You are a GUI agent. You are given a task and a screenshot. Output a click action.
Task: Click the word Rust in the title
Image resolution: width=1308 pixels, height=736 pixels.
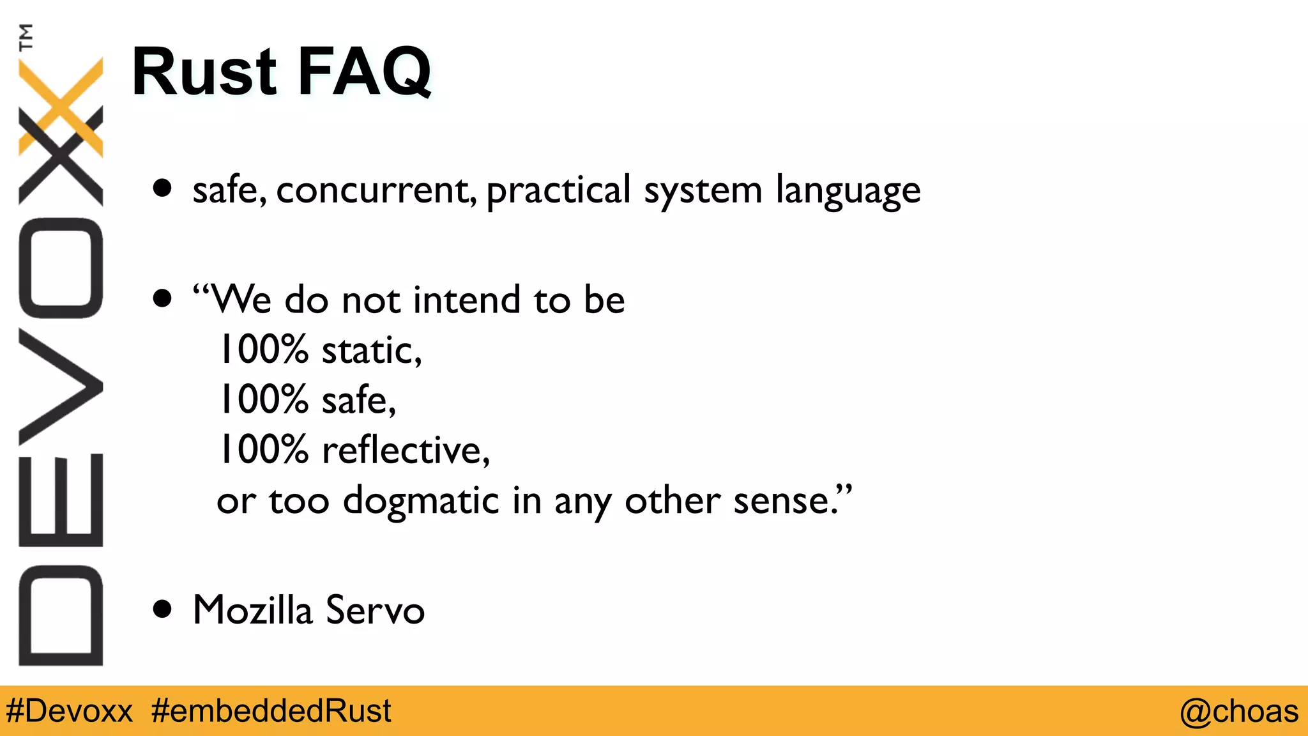click(x=204, y=72)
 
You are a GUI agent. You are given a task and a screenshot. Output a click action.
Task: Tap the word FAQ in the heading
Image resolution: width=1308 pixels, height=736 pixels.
click(x=364, y=72)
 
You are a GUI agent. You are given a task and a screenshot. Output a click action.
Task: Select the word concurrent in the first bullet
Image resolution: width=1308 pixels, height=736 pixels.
click(x=376, y=190)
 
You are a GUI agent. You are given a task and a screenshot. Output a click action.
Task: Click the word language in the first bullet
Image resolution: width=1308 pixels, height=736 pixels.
click(x=848, y=191)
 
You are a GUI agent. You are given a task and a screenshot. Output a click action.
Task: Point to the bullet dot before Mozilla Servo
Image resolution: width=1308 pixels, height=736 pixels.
click(x=163, y=609)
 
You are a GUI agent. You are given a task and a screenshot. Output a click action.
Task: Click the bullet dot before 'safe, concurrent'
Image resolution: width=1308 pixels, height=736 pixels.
click(x=163, y=188)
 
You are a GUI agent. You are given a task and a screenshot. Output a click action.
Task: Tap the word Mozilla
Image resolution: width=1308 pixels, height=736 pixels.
click(x=252, y=609)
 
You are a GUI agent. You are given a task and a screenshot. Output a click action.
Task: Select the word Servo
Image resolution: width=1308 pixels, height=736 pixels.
click(x=375, y=609)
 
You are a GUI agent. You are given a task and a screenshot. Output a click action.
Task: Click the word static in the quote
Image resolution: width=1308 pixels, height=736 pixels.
click(x=371, y=351)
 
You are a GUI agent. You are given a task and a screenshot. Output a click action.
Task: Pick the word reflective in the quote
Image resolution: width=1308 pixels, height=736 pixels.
click(x=405, y=450)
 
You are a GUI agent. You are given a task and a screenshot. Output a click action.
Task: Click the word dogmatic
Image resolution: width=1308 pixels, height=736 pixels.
click(x=420, y=501)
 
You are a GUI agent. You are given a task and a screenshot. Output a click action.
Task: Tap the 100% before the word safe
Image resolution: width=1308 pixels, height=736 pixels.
click(x=264, y=400)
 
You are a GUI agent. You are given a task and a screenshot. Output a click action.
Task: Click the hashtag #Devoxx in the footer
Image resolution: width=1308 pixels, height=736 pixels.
click(x=69, y=711)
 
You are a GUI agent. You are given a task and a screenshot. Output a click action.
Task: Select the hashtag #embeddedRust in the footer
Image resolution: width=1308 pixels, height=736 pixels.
click(x=271, y=711)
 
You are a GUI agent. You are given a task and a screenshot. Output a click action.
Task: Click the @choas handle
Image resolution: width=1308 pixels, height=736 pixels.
click(x=1238, y=711)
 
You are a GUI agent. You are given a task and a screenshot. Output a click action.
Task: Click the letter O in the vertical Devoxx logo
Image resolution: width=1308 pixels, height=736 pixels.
click(x=61, y=268)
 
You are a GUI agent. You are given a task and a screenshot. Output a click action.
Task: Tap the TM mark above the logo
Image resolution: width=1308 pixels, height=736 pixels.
click(x=26, y=37)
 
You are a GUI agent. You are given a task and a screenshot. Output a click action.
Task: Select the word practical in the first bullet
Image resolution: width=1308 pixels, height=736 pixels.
click(x=558, y=190)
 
